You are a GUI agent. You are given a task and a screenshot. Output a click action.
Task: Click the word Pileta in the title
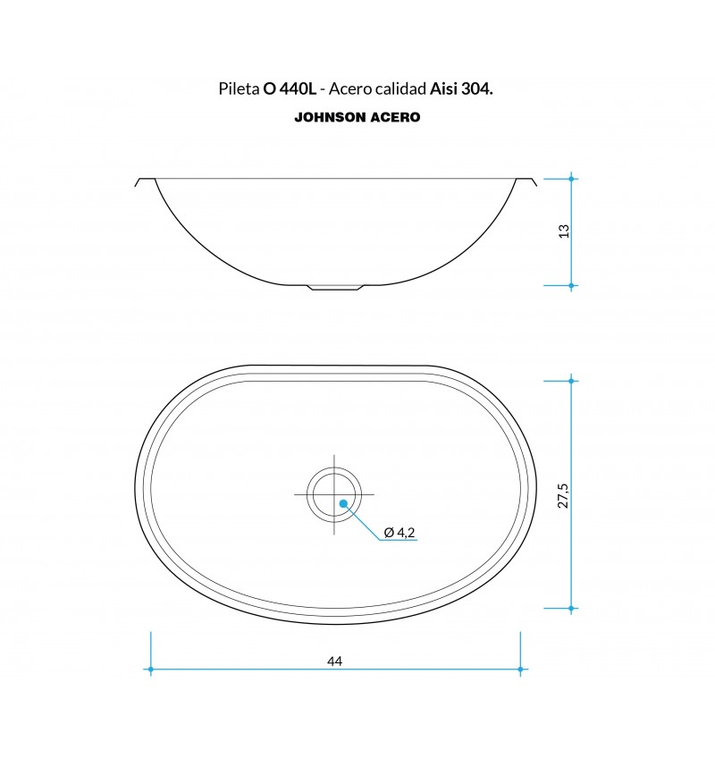tap(239, 89)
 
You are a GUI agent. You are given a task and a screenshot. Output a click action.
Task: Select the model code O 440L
tap(290, 89)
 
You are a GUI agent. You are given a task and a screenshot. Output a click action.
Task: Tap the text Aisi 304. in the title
tap(461, 89)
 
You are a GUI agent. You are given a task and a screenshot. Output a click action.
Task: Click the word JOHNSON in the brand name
tap(330, 117)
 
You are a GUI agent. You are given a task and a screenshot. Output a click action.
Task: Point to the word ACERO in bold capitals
tap(395, 117)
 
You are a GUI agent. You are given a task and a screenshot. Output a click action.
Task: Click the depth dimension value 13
tap(564, 232)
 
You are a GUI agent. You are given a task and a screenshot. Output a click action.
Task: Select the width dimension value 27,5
tap(563, 495)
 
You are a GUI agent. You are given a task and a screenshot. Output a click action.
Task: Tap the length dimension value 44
tap(334, 661)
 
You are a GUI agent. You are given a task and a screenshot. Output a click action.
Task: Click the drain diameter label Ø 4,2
tap(400, 532)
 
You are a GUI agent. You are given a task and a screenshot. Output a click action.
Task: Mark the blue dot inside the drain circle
tap(343, 504)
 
